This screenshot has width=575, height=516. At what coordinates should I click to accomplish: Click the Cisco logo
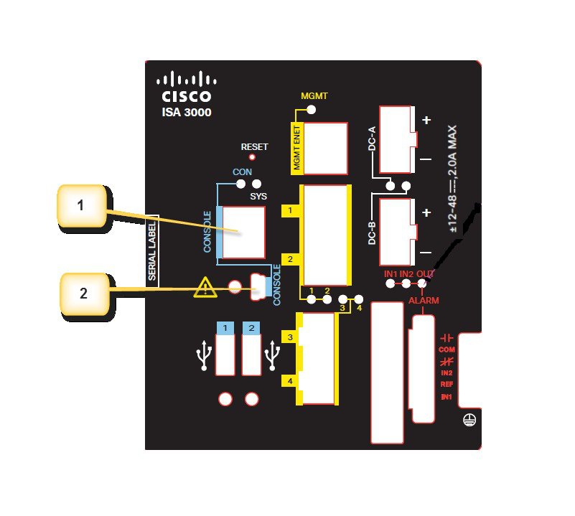185,87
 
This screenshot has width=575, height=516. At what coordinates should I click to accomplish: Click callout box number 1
81,207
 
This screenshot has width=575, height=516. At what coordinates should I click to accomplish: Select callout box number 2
84,293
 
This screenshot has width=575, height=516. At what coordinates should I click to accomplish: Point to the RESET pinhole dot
251,157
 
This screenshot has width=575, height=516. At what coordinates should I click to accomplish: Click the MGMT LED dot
311,110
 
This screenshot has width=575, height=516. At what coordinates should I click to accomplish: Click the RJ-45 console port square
243,231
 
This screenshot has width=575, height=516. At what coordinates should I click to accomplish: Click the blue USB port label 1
225,328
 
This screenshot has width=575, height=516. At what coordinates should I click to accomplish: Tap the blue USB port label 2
251,328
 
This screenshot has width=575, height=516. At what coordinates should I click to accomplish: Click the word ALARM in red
424,300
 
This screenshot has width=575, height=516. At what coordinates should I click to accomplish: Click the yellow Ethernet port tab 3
289,336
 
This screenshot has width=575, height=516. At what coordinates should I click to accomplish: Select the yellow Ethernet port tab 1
289,211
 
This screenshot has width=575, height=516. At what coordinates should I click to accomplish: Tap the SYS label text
258,196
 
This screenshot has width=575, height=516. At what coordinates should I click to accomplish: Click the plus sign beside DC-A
426,120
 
